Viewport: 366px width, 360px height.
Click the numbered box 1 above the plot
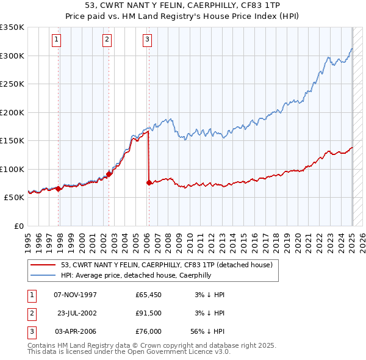coord(56,40)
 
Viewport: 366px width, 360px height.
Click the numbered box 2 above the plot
coord(107,40)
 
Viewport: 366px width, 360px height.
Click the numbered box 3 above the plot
coord(148,40)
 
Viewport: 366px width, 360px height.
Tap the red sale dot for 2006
coord(149,182)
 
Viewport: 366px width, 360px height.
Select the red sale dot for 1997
coord(58,189)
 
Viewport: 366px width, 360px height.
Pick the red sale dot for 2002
coord(109,174)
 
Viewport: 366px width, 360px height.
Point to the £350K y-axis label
coord(12,27)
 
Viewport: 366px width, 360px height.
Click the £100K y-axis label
coord(12,169)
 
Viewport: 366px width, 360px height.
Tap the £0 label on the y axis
coord(18,226)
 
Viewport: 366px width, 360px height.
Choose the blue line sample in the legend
coord(44,275)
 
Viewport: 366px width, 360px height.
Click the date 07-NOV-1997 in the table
coord(76,295)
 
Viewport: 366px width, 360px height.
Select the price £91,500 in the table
coord(149,312)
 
